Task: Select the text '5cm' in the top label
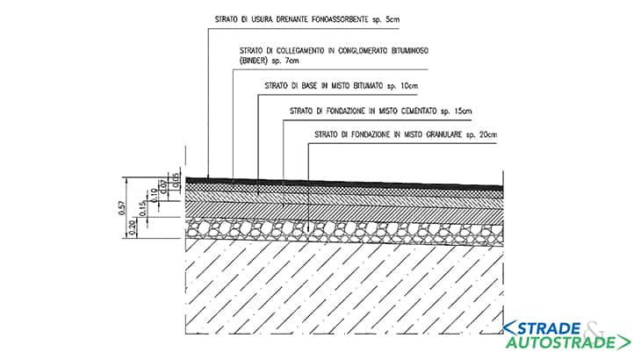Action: point(393,19)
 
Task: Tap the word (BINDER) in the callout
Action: point(254,61)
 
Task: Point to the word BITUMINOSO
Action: point(410,51)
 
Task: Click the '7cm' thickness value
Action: point(292,61)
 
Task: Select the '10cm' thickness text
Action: point(409,86)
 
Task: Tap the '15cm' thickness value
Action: point(463,111)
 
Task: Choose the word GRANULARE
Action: point(444,134)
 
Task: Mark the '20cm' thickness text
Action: point(488,134)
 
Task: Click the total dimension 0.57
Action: point(121,207)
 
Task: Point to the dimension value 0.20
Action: point(132,227)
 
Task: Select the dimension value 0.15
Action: point(142,208)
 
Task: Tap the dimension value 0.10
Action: point(154,195)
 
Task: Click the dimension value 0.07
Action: point(164,187)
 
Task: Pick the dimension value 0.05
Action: point(176,180)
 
